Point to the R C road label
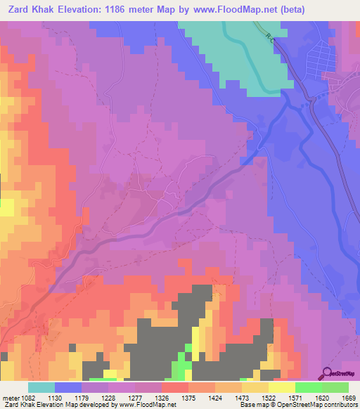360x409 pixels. (271, 37)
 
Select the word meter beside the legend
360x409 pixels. (10, 397)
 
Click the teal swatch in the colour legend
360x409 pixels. (41, 387)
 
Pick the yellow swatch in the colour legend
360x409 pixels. (281, 387)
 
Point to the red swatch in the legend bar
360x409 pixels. (174, 387)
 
